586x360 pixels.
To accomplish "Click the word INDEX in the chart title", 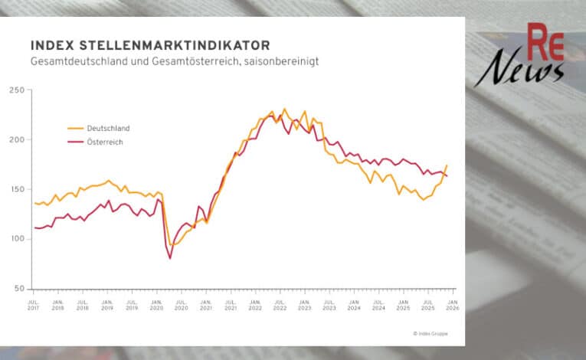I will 47,45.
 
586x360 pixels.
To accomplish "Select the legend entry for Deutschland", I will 108,128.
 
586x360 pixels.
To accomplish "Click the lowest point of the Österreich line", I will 170,258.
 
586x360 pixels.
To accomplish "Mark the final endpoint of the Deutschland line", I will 447,165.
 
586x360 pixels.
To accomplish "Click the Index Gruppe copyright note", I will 430,333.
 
